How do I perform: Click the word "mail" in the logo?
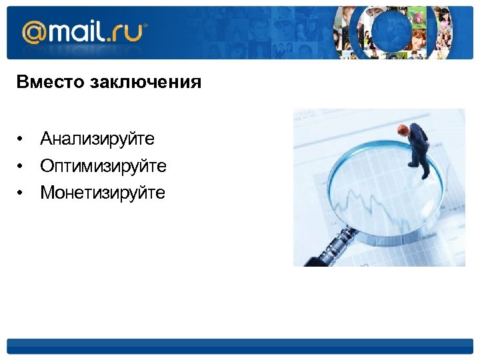[78, 31]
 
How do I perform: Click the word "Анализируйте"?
[97, 139]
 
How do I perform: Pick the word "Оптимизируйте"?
[103, 165]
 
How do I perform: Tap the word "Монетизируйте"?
[103, 193]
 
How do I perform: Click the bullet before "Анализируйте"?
[21, 139]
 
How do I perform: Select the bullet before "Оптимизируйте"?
[21, 166]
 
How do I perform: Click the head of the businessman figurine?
[403, 129]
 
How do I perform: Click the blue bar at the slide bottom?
[240, 346]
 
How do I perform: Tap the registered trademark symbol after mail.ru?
[146, 27]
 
